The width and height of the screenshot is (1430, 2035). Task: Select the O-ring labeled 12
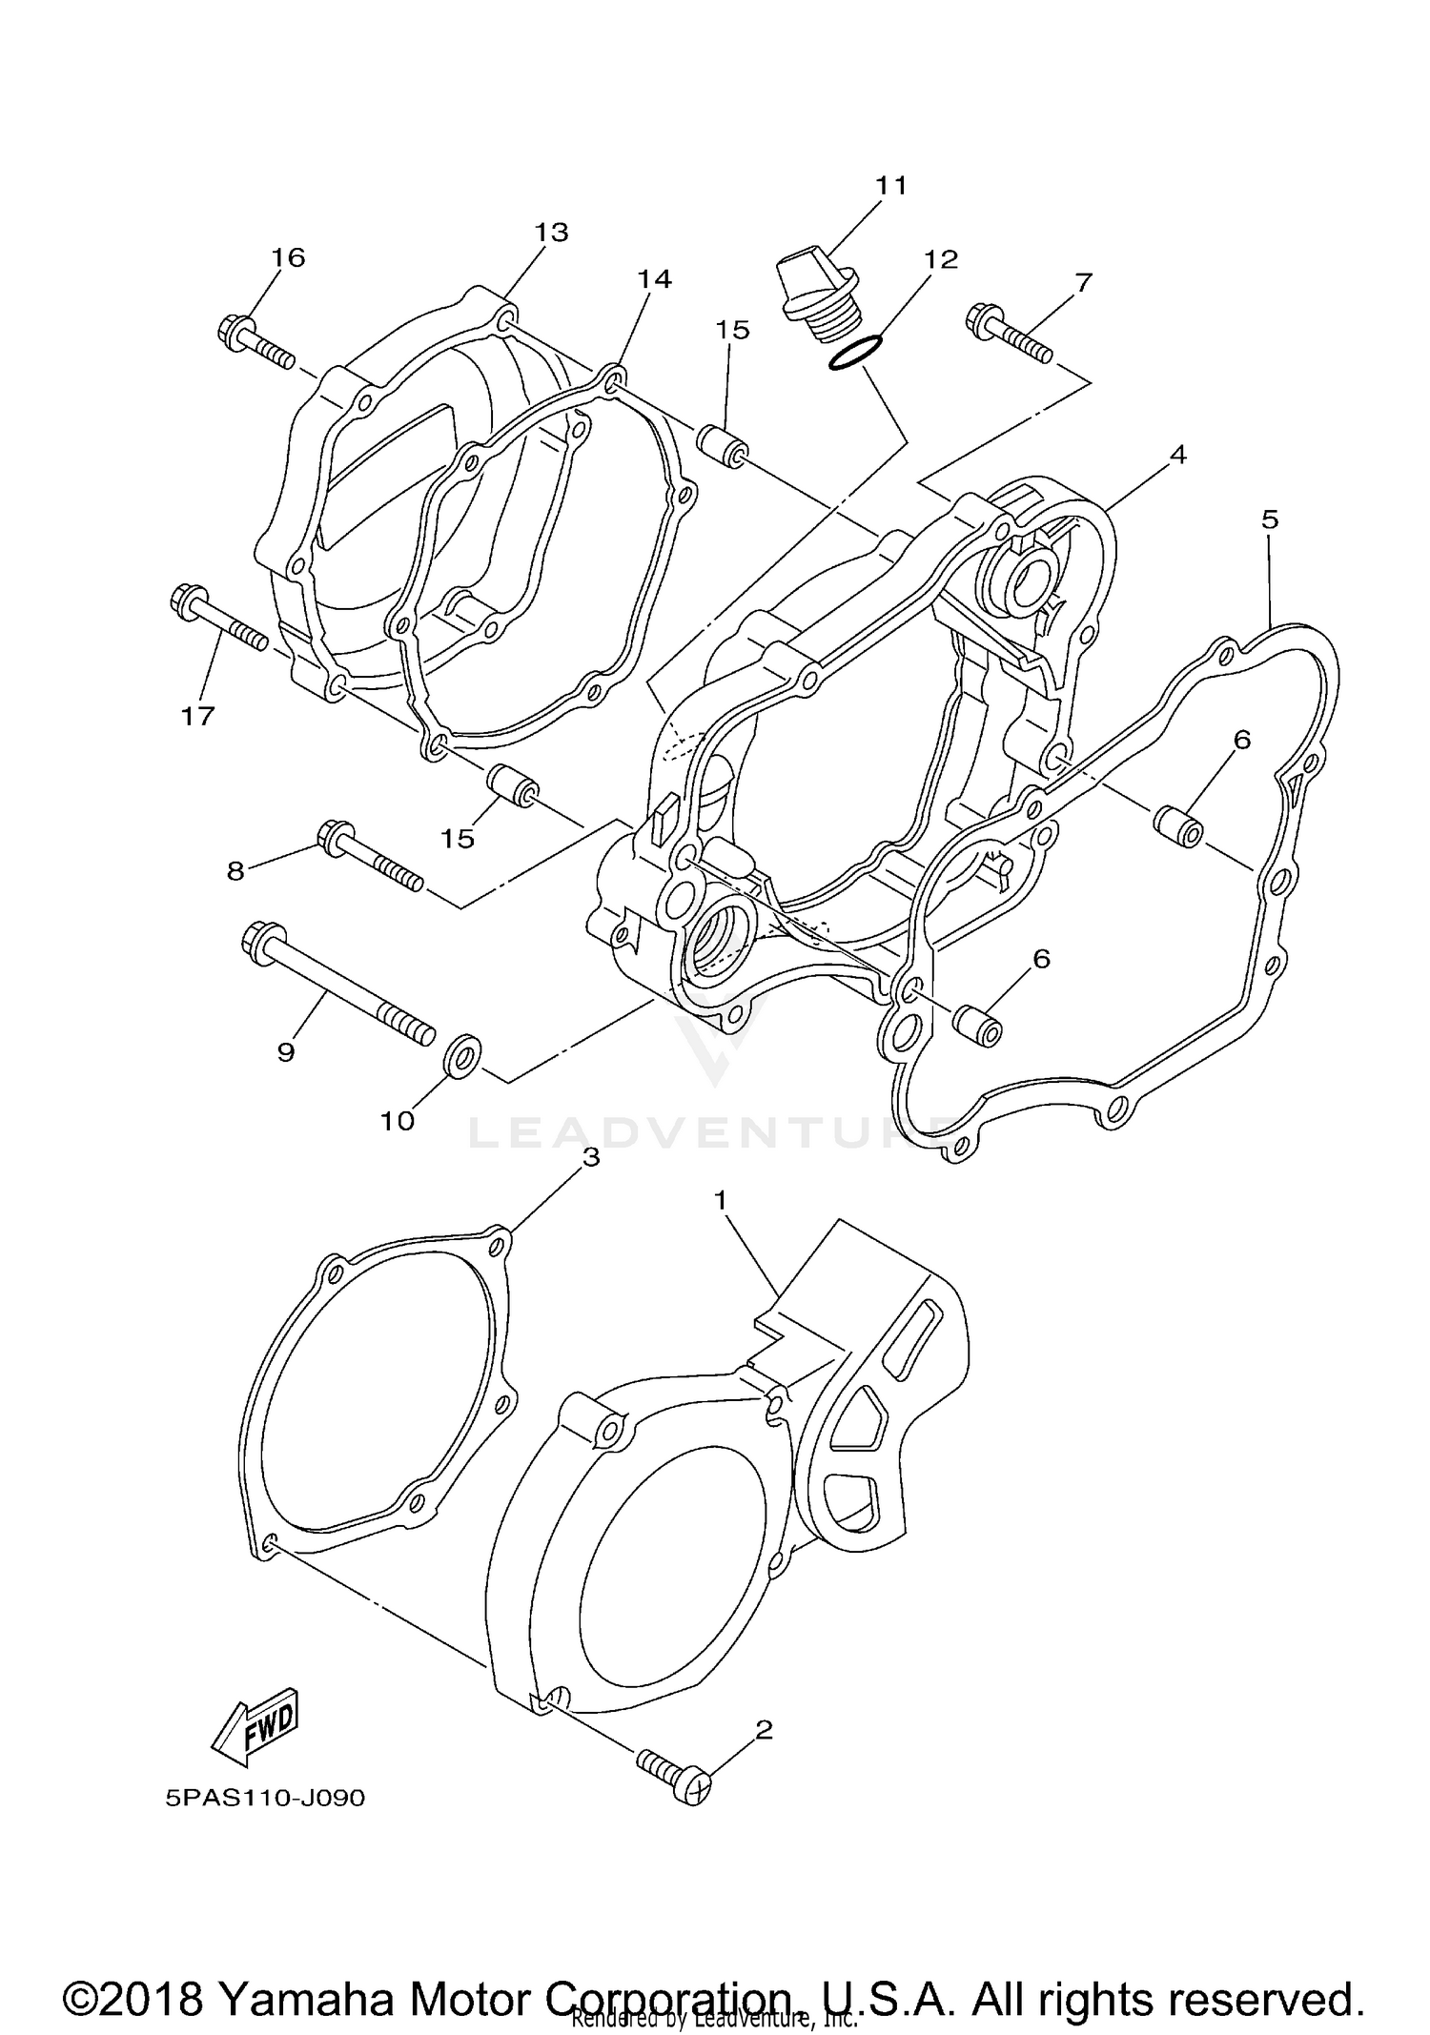[x=852, y=352]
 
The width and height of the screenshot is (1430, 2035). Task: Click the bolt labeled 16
[x=253, y=343]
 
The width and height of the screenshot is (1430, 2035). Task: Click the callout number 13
[x=551, y=232]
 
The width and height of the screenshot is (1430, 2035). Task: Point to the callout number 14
[x=655, y=278]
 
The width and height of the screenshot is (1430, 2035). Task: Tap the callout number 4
[x=1178, y=455]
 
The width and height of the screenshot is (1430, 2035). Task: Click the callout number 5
[x=1269, y=519]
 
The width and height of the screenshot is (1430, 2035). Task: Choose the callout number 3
[x=591, y=1157]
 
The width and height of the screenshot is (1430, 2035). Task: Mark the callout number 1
[x=721, y=1200]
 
